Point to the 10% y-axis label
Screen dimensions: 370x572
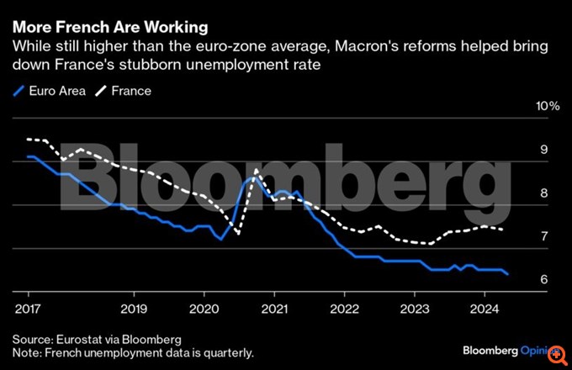point(548,107)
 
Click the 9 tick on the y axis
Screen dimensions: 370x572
point(544,150)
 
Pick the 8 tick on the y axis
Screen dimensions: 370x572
point(544,193)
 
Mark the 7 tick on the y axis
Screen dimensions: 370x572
point(544,236)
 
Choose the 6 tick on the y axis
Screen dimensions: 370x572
point(544,280)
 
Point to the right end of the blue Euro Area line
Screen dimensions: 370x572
point(507,274)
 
